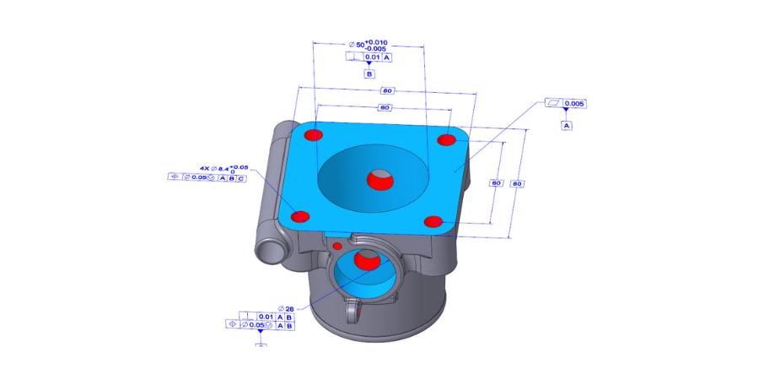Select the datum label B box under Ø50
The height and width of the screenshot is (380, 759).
[x=369, y=74]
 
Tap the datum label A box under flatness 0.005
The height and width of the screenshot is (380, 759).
[x=567, y=125]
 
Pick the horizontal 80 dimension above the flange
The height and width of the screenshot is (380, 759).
[x=387, y=90]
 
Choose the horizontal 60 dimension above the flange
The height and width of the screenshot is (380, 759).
[x=385, y=108]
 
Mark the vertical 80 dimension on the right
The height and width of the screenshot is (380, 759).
[x=518, y=183]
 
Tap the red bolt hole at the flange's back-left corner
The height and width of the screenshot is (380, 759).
[x=314, y=135]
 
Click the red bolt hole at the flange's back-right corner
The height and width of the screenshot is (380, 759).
[x=446, y=140]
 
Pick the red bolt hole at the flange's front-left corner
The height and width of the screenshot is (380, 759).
[x=299, y=217]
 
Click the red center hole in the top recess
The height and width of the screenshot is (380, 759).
[x=379, y=179]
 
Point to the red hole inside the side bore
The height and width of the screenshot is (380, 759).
[x=367, y=260]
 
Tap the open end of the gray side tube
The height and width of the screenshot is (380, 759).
[x=268, y=252]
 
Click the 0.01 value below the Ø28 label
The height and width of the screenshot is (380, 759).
[x=265, y=317]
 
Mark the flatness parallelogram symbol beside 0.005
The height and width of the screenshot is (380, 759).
[x=553, y=104]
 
